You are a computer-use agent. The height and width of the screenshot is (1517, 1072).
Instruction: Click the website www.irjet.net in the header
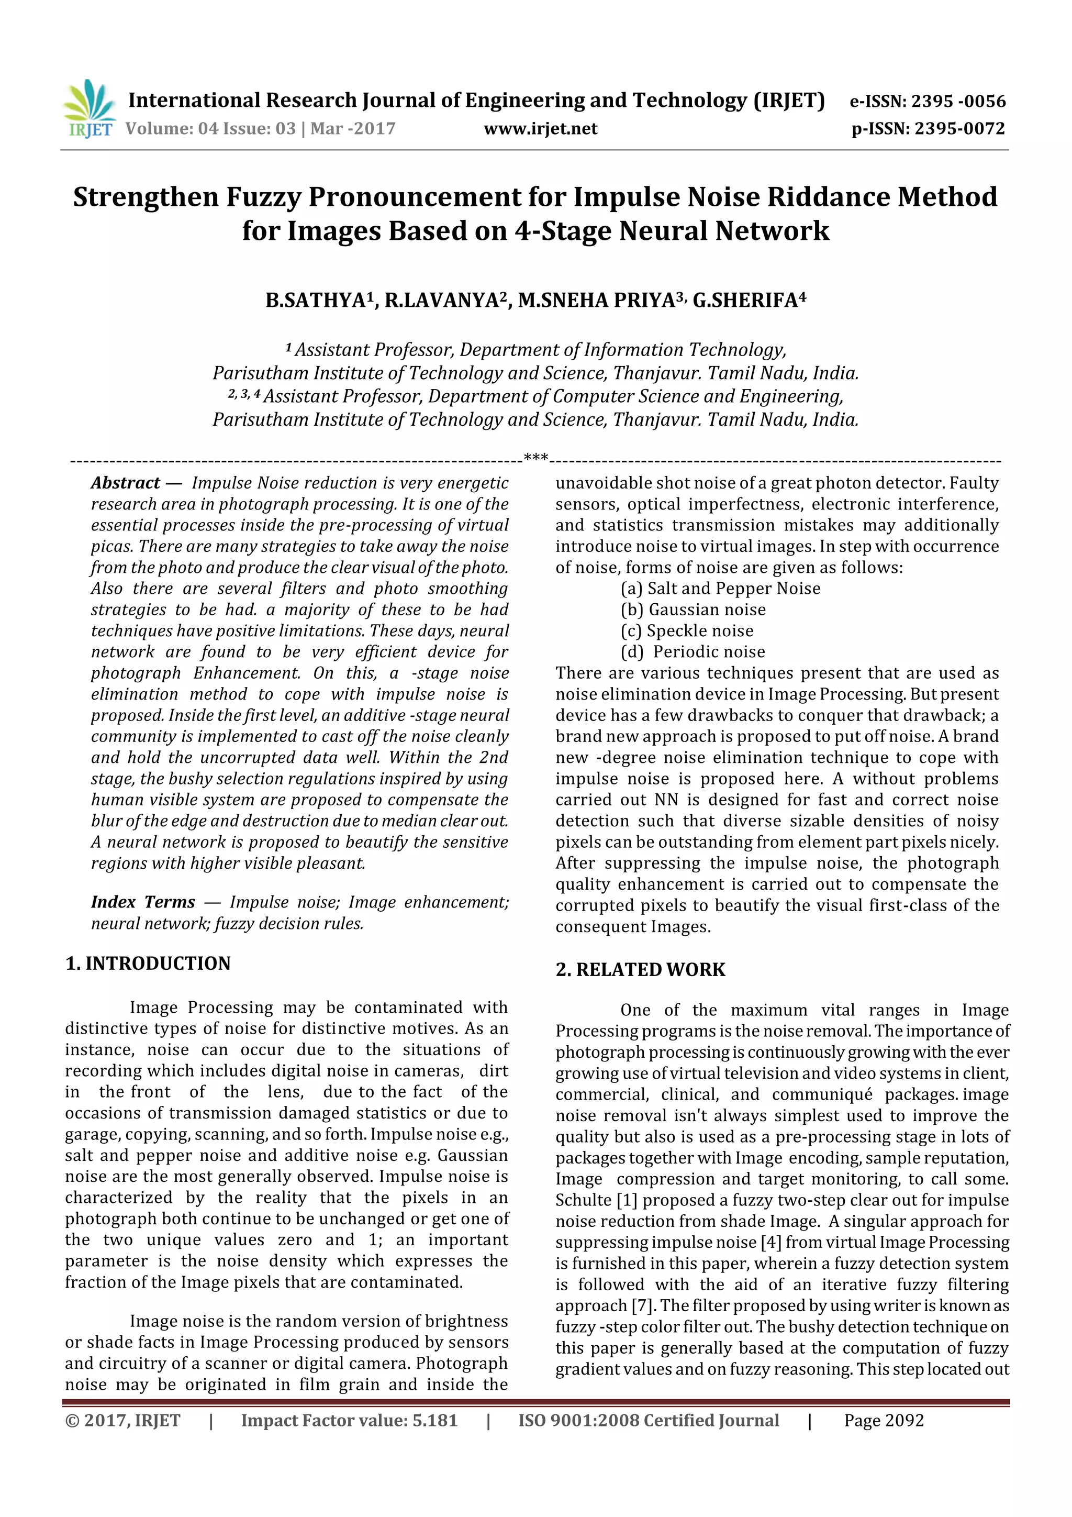pyautogui.click(x=540, y=129)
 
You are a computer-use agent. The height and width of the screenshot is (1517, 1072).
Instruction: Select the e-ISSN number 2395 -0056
pyautogui.click(x=958, y=102)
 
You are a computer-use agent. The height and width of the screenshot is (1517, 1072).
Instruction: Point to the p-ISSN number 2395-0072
pyautogui.click(x=959, y=129)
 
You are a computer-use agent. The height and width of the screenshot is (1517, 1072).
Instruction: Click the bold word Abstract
pyautogui.click(x=126, y=483)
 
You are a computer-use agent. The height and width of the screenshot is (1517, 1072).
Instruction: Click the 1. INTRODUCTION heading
pyautogui.click(x=148, y=964)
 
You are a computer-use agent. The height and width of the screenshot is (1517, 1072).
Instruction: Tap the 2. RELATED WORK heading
pyautogui.click(x=640, y=969)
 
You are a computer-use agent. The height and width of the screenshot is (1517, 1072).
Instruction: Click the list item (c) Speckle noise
pyautogui.click(x=687, y=631)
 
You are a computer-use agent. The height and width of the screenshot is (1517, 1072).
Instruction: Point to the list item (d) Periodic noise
pyautogui.click(x=693, y=652)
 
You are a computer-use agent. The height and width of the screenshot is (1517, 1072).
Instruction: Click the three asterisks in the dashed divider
pyautogui.click(x=535, y=457)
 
